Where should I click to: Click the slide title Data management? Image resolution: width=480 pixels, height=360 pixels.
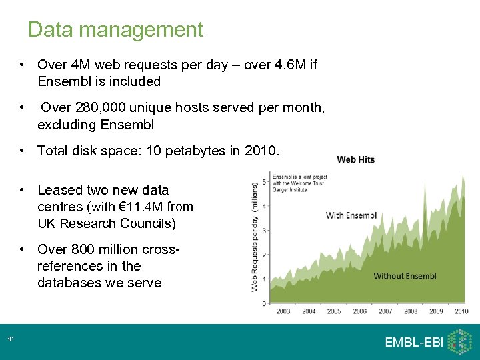click(115, 30)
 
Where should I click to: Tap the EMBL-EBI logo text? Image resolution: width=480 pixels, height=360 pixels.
click(413, 342)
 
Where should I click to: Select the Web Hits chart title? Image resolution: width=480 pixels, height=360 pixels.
click(356, 159)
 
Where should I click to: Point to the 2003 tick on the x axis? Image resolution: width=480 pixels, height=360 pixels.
click(283, 311)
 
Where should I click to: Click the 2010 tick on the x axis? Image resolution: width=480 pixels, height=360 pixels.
click(461, 311)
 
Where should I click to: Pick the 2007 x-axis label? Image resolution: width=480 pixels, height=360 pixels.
click(385, 311)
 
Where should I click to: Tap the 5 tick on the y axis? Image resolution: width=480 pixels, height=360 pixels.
click(265, 182)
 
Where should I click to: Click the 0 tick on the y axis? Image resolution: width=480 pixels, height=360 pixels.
click(265, 303)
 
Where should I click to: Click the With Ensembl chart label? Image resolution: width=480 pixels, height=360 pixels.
click(351, 215)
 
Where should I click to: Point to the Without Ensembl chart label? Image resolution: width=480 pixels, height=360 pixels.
click(405, 276)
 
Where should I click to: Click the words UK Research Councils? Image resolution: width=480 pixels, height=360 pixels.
click(107, 223)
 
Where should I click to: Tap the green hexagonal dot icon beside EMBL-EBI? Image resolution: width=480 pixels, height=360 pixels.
click(459, 342)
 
